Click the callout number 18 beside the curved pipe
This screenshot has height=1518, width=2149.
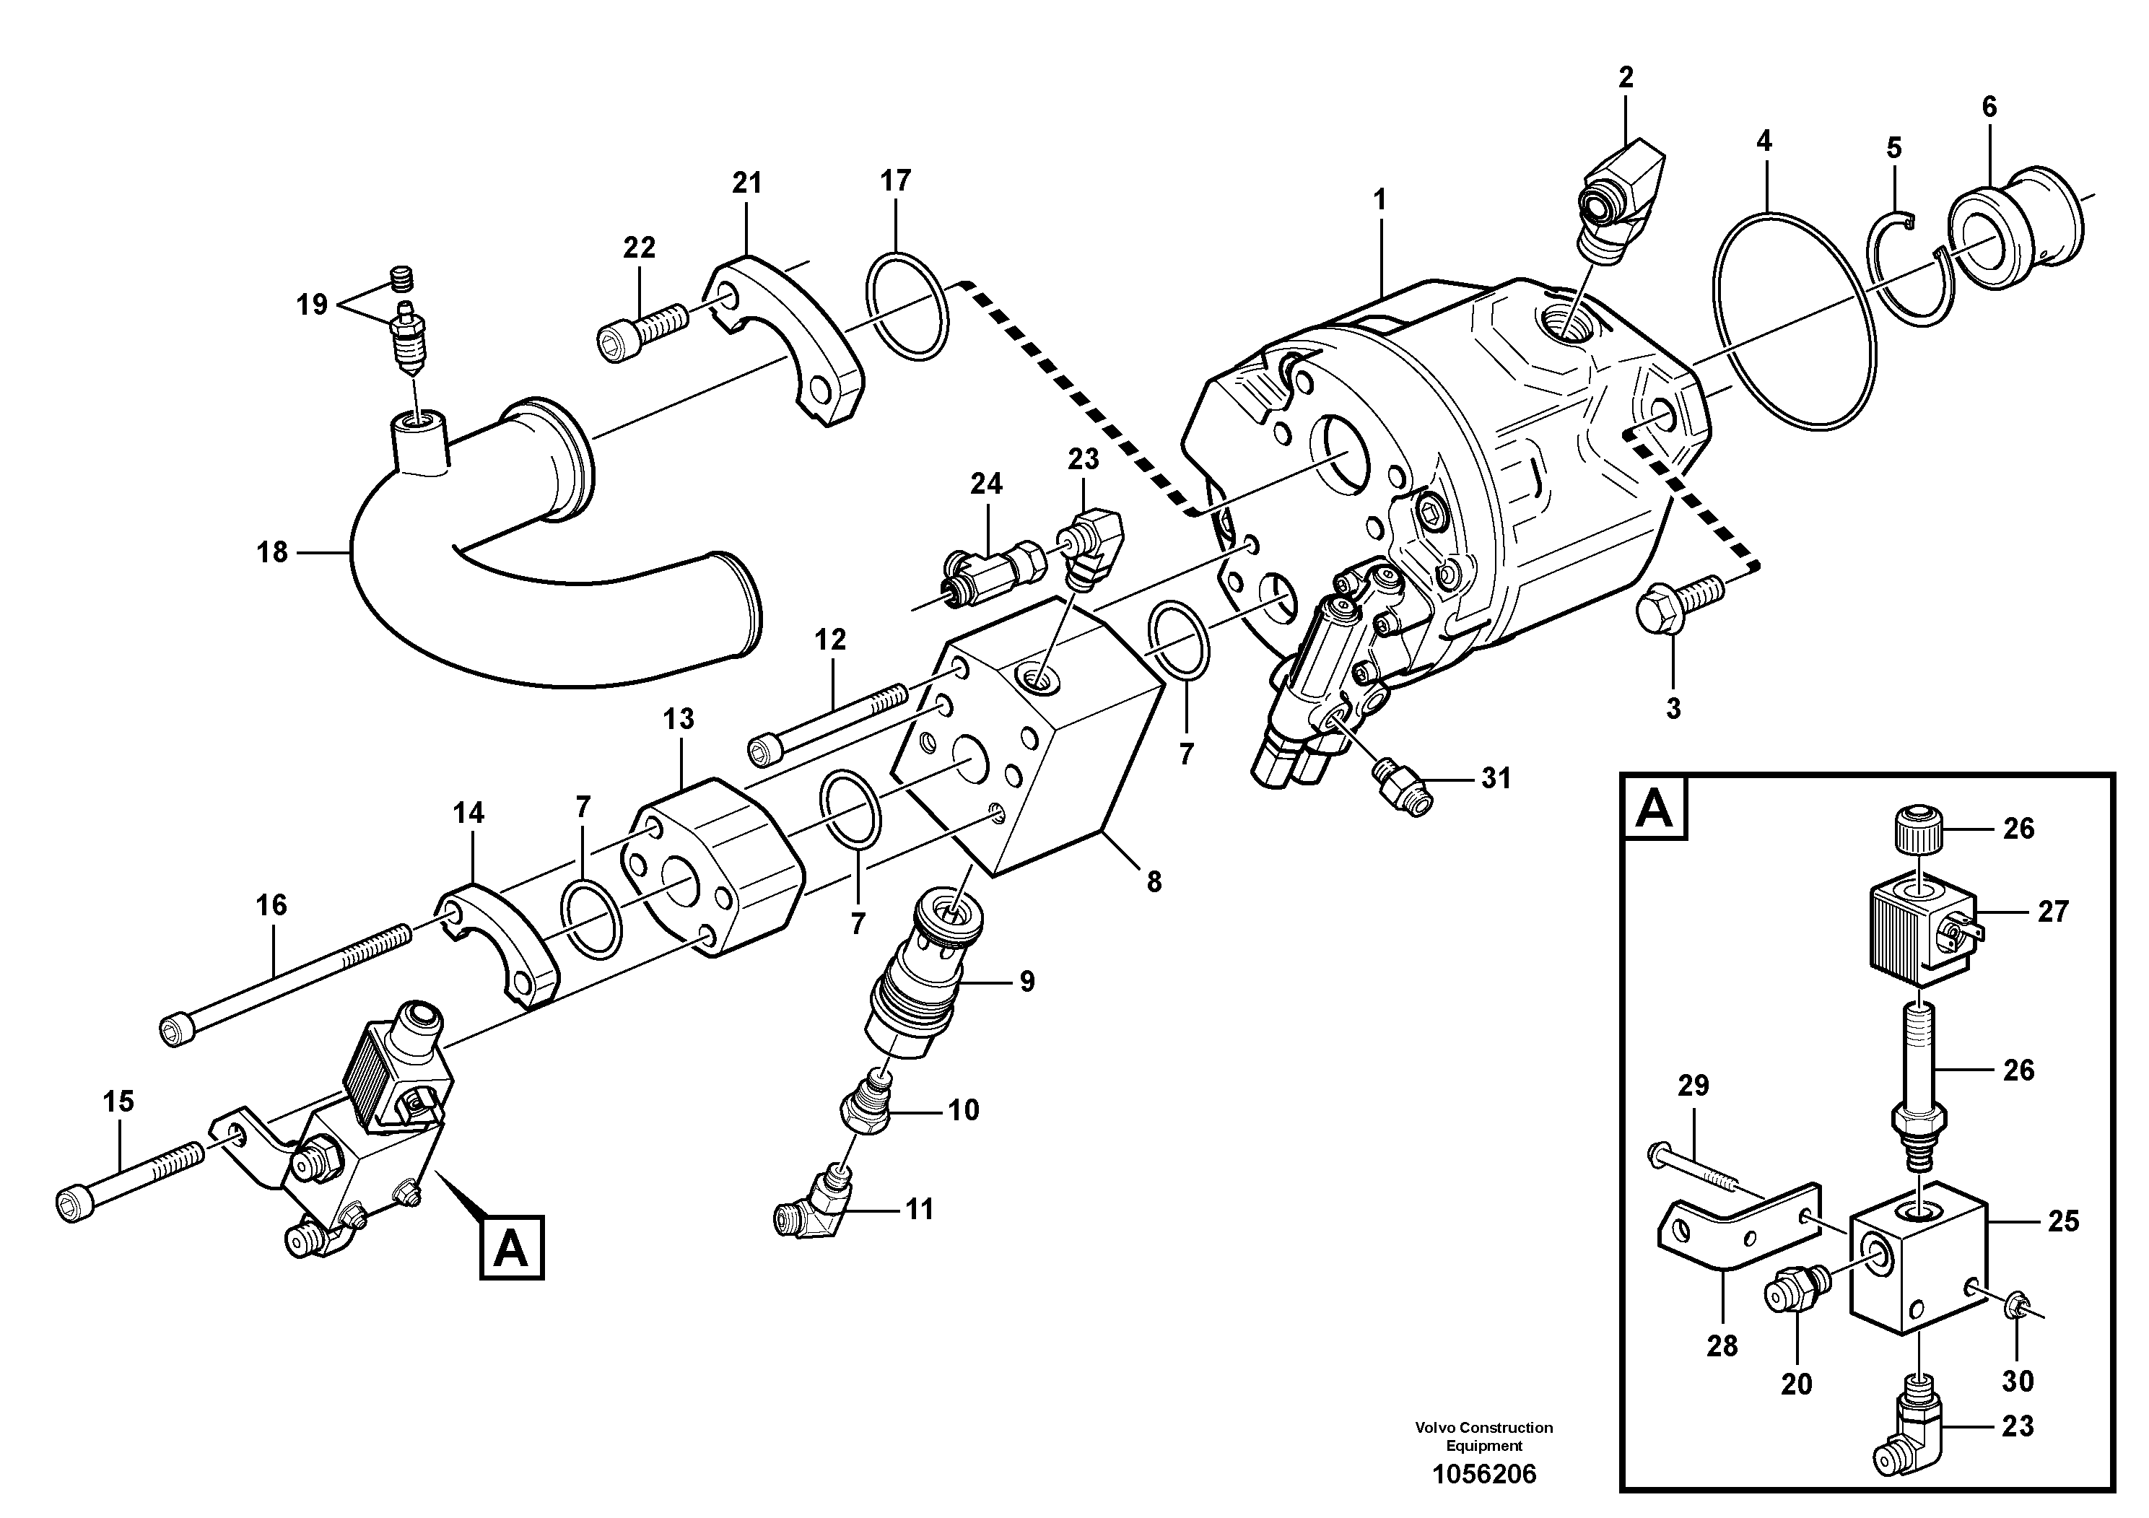tap(271, 553)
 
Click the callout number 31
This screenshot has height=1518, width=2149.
tap(1496, 779)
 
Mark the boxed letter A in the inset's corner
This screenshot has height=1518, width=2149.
tap(1654, 808)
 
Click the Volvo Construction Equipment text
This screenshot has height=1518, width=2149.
tap(1484, 1436)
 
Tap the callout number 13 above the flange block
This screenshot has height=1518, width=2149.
tap(679, 719)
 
